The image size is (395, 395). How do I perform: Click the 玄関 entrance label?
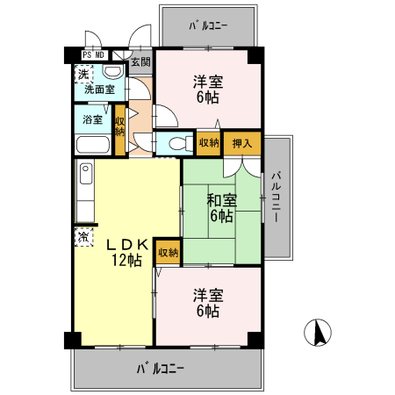(140, 61)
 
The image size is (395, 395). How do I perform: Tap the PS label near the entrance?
(87, 54)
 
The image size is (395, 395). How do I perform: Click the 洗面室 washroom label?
(99, 89)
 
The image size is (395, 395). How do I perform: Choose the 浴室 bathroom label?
(92, 119)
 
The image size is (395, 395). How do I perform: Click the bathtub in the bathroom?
(92, 146)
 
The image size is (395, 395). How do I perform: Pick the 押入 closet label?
(242, 143)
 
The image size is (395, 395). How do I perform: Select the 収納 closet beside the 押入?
(209, 143)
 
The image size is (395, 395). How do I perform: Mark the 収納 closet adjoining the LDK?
(167, 252)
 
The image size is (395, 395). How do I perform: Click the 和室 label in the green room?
(222, 200)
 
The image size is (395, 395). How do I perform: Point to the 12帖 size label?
(126, 260)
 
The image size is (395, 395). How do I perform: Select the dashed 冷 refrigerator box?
(82, 236)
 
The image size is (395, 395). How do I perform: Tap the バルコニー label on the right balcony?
(276, 198)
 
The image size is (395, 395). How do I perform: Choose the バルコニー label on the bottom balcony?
(160, 370)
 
